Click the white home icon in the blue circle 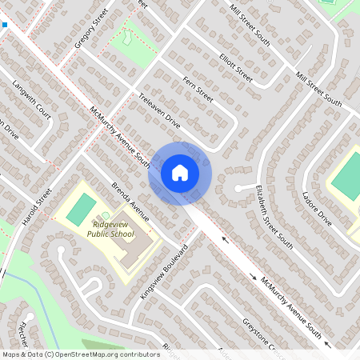180,173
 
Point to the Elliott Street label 235,68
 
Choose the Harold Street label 38,206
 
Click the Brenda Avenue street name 130,200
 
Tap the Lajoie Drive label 317,206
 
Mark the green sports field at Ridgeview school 80,209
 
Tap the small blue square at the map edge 4,25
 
